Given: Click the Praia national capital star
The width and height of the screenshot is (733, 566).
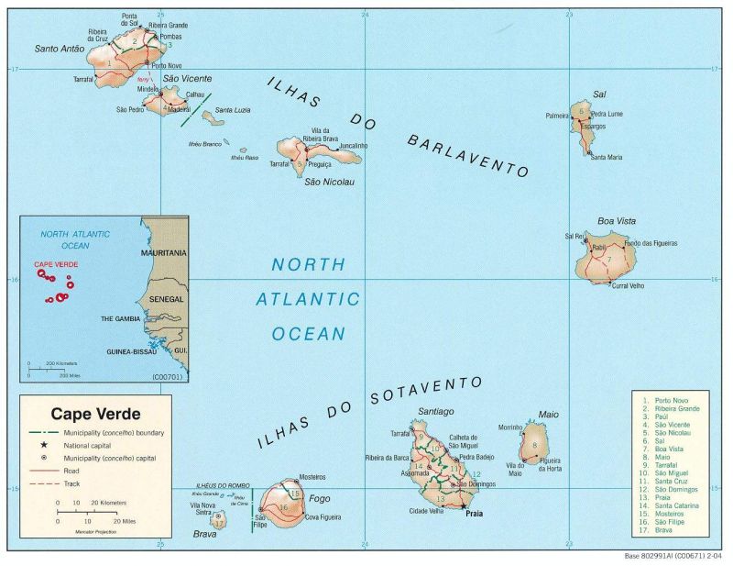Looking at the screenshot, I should (x=464, y=505).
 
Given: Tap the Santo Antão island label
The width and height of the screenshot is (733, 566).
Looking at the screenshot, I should (x=59, y=49).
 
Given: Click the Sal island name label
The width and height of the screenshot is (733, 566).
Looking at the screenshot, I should (x=599, y=94).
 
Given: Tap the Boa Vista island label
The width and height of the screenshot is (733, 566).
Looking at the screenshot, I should (x=616, y=220).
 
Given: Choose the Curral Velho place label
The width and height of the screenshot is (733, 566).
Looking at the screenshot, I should (x=628, y=285).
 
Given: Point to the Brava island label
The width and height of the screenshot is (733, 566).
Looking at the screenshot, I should (x=204, y=532).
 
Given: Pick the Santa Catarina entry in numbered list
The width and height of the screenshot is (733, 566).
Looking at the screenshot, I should (x=676, y=505).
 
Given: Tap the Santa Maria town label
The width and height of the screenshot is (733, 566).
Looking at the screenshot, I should (x=606, y=157).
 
